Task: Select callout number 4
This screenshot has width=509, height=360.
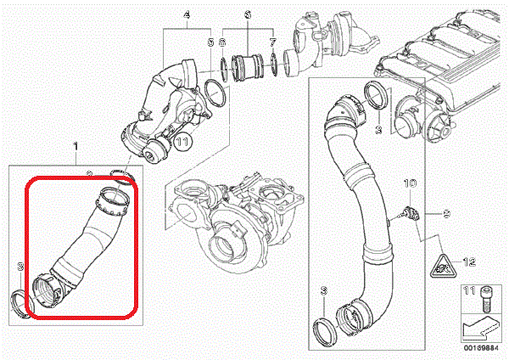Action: pyautogui.click(x=187, y=14)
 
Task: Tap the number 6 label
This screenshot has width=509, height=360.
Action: pyautogui.click(x=248, y=14)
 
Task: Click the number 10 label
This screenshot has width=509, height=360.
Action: pyautogui.click(x=408, y=183)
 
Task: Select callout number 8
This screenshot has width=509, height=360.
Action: pyautogui.click(x=222, y=41)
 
